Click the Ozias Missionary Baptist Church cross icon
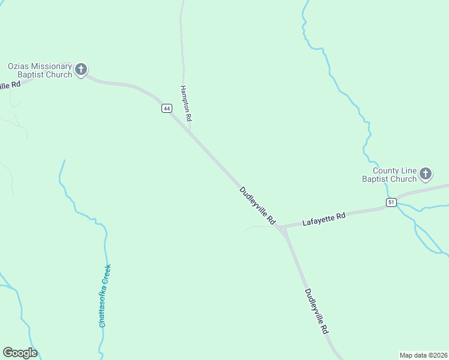81,70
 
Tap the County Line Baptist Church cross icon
425,175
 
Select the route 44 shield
167,108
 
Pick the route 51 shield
391,202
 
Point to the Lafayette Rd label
324,218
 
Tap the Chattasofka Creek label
105,295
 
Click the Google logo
20,353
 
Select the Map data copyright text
423,355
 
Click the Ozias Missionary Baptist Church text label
40,70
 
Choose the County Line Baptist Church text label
389,175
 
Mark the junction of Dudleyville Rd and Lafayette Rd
280,228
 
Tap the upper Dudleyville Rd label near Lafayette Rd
257,205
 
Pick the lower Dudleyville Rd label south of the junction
316,311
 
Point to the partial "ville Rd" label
10,85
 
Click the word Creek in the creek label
107,274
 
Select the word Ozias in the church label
19,66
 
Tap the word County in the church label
385,170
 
